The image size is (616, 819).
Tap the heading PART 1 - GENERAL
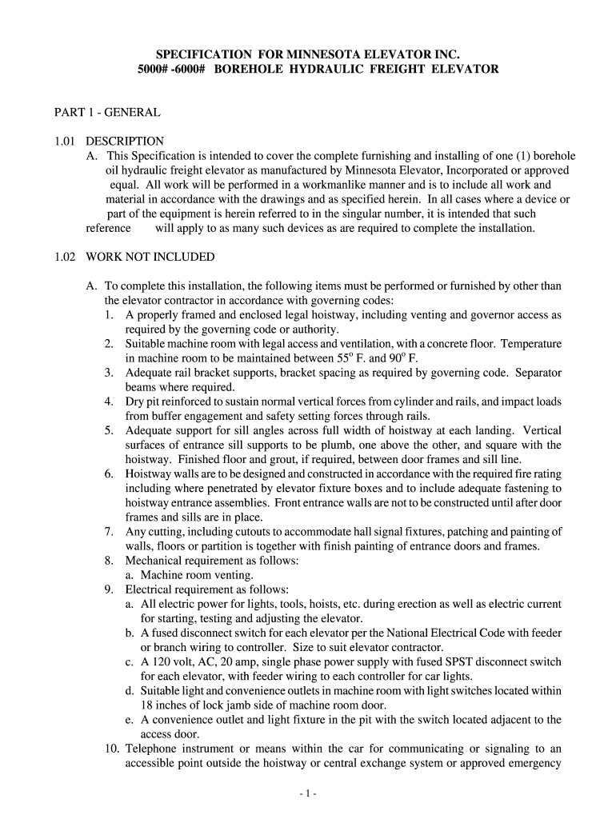tap(107, 113)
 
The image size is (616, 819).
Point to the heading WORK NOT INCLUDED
tap(150, 257)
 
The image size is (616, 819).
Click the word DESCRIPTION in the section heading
tap(125, 142)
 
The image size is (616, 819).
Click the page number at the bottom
tap(308, 793)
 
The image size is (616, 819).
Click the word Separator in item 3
tap(538, 372)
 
